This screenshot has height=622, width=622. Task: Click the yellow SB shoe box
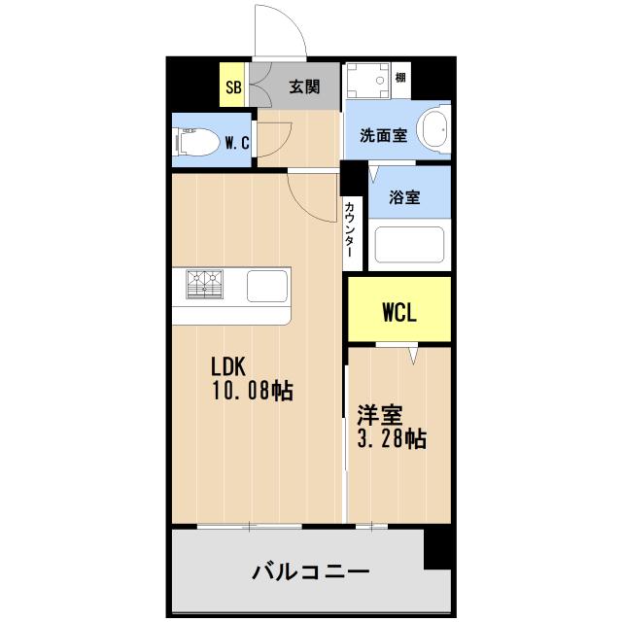233,86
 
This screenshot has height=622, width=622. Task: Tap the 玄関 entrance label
304,86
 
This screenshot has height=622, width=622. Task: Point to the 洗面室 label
383,136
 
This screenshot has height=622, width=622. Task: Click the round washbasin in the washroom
433,130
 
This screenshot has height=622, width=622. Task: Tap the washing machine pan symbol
367,84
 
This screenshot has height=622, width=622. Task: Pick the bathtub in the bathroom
409,245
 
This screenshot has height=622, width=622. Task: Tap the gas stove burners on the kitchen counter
206,285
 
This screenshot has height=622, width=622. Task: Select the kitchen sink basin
266,286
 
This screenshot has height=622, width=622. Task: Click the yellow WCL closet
399,312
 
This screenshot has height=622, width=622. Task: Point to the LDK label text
231,367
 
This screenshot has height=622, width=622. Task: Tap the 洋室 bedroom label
379,415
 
